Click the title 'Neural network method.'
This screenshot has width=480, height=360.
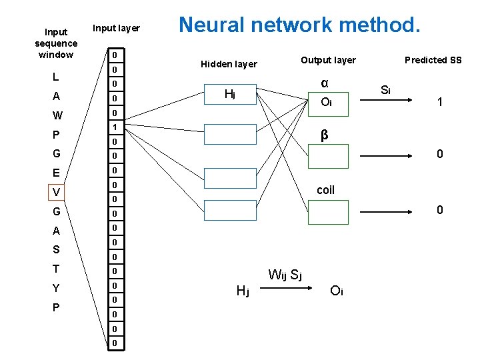pos(299,25)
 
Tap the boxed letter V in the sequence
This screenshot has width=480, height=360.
pos(57,192)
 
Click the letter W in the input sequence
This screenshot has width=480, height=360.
pos(57,115)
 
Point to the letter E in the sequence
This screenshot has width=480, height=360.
pos(57,173)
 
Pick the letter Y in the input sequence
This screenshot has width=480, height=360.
pos(57,289)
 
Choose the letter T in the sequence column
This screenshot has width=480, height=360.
pos(57,269)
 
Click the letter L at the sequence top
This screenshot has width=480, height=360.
pos(56,77)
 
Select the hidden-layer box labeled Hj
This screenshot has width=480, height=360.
pos(230,94)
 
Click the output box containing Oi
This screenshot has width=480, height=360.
pos(327,102)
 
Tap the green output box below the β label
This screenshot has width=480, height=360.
pos(327,156)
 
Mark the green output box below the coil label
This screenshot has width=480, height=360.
pos(327,211)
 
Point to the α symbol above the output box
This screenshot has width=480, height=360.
pos(324,83)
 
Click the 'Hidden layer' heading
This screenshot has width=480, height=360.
pos(229,64)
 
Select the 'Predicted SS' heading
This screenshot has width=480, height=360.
pos(433,60)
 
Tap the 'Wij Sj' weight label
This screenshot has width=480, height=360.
pos(285,274)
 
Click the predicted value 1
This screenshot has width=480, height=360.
pos(439,102)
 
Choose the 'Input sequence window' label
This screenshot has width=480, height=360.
pos(56,43)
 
